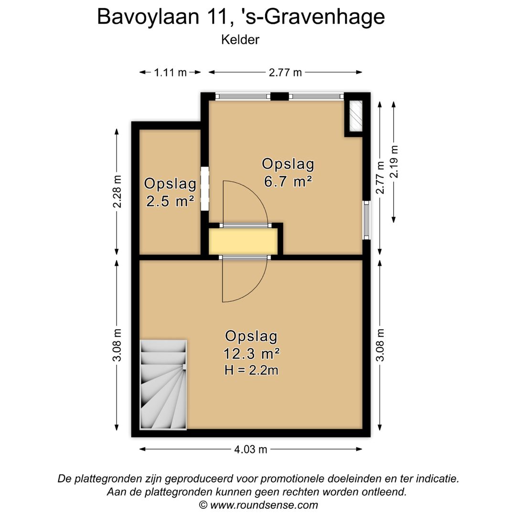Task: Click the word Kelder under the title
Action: point(240,40)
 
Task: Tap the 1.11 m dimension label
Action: point(170,73)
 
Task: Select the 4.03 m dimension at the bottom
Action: point(250,449)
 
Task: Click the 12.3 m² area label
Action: point(251,354)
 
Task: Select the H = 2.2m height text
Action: point(251,369)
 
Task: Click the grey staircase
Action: point(163,385)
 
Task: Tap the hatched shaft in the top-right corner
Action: point(354,116)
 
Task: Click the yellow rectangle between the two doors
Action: point(243,241)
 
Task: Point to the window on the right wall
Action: point(366,220)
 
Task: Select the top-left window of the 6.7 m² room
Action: point(243,97)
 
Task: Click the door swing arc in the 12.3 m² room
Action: point(244,282)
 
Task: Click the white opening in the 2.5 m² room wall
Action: point(204,188)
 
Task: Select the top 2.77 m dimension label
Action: point(285,73)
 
